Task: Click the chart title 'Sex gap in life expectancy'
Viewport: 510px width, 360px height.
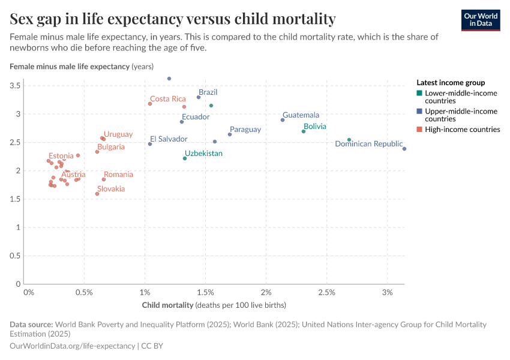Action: pos(173,19)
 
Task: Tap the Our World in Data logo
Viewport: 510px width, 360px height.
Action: pos(480,20)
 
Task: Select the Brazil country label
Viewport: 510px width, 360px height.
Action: pos(208,92)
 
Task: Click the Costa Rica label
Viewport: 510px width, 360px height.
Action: pos(167,99)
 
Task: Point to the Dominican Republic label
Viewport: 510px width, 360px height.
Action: pos(368,144)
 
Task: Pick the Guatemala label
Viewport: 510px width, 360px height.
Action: pos(301,115)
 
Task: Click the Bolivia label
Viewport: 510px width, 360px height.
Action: pos(314,127)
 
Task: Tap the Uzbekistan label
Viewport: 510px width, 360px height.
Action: pos(203,154)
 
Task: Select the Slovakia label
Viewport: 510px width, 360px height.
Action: pos(111,189)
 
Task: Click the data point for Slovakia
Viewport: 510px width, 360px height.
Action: pos(97,194)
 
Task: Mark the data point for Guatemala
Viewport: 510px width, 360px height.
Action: pos(283,120)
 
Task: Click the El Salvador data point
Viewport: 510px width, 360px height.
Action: pos(150,144)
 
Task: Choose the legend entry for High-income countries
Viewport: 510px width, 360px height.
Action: pos(462,129)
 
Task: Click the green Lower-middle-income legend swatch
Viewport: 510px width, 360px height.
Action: pos(419,94)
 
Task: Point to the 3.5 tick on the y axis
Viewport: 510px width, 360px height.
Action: pos(16,86)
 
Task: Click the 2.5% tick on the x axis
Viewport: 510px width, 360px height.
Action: pos(326,292)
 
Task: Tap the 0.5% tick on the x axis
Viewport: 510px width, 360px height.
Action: pos(84,292)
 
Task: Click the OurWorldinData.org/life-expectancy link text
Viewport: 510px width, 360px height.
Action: pos(73,346)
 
